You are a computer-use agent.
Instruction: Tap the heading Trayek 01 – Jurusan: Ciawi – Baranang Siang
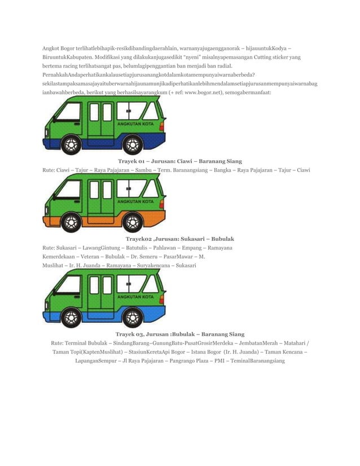[179, 161]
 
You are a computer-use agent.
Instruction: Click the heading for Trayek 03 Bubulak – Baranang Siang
[179, 334]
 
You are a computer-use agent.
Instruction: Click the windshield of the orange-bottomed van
[68, 190]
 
